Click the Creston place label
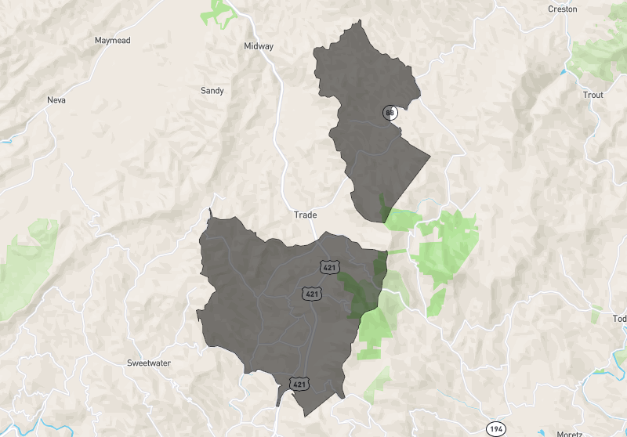point(563,9)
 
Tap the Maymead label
point(112,40)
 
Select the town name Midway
point(259,46)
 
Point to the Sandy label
point(212,91)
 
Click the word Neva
point(56,100)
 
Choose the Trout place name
point(593,95)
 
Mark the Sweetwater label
point(149,363)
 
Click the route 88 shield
point(390,113)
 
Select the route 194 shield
point(495,428)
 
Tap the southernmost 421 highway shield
point(299,384)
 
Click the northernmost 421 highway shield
point(329,267)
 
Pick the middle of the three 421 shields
point(312,294)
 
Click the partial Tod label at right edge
point(619,319)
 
